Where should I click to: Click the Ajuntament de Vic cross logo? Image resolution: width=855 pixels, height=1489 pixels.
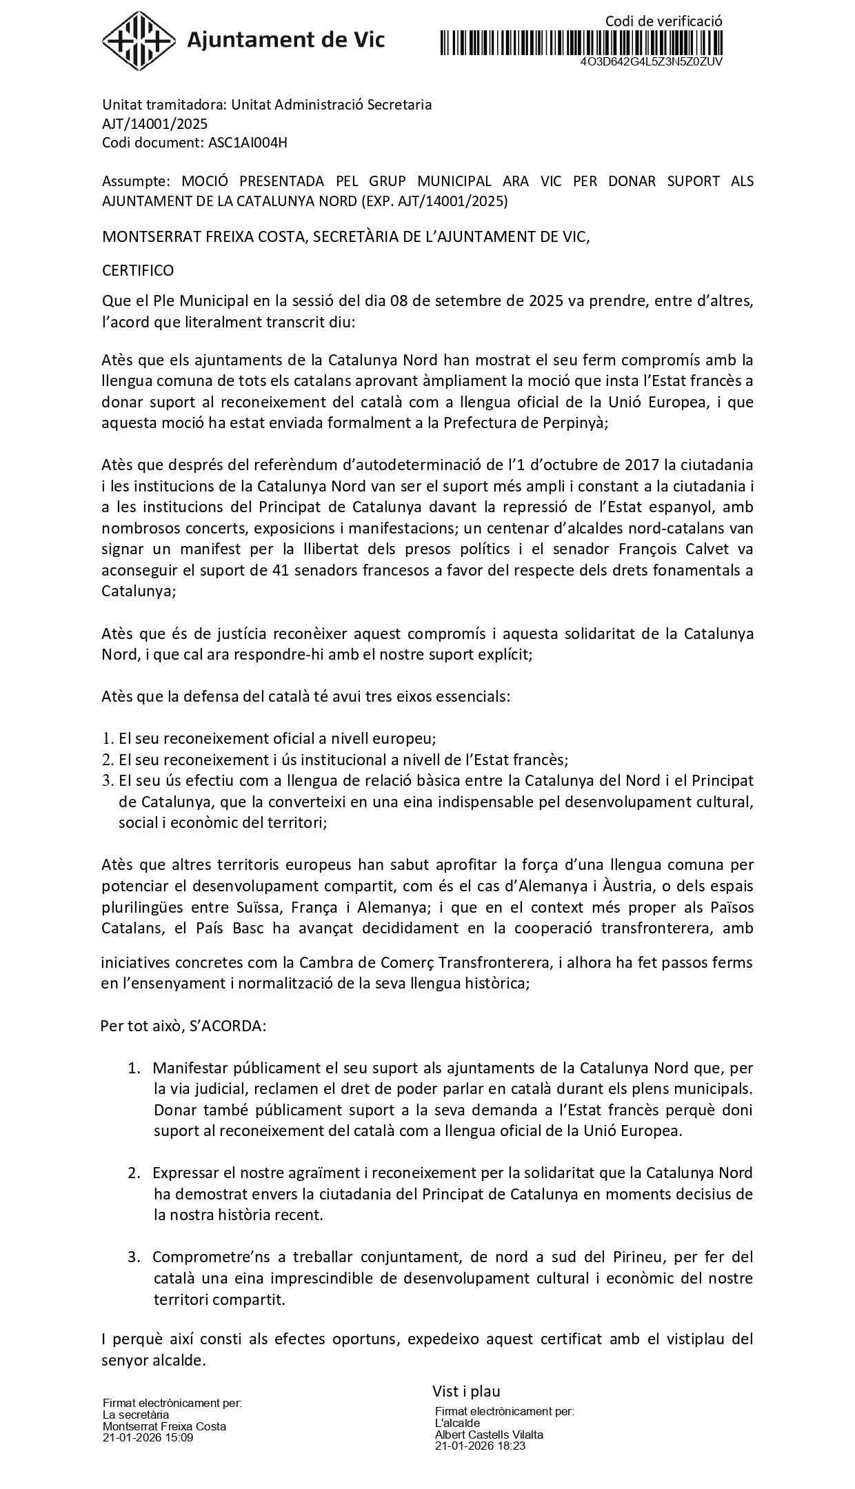click(x=138, y=40)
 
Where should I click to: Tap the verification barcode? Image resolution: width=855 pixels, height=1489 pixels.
click(x=581, y=42)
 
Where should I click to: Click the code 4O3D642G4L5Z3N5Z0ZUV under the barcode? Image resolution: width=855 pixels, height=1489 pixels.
click(x=651, y=61)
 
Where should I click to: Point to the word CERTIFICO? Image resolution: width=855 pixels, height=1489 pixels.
click(x=138, y=270)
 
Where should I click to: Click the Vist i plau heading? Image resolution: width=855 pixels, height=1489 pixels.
click(x=466, y=1390)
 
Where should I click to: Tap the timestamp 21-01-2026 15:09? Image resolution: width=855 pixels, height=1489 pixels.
click(x=148, y=1437)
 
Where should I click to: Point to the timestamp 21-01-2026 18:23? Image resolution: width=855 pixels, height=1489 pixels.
click(x=480, y=1446)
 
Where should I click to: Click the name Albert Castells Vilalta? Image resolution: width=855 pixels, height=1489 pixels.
click(x=489, y=1435)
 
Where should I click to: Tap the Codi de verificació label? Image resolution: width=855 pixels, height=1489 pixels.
click(x=663, y=21)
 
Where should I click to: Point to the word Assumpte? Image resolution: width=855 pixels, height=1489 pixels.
click(x=135, y=181)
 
